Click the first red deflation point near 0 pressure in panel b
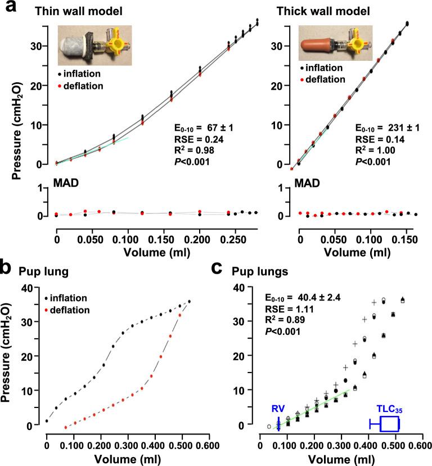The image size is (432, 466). [65, 428]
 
